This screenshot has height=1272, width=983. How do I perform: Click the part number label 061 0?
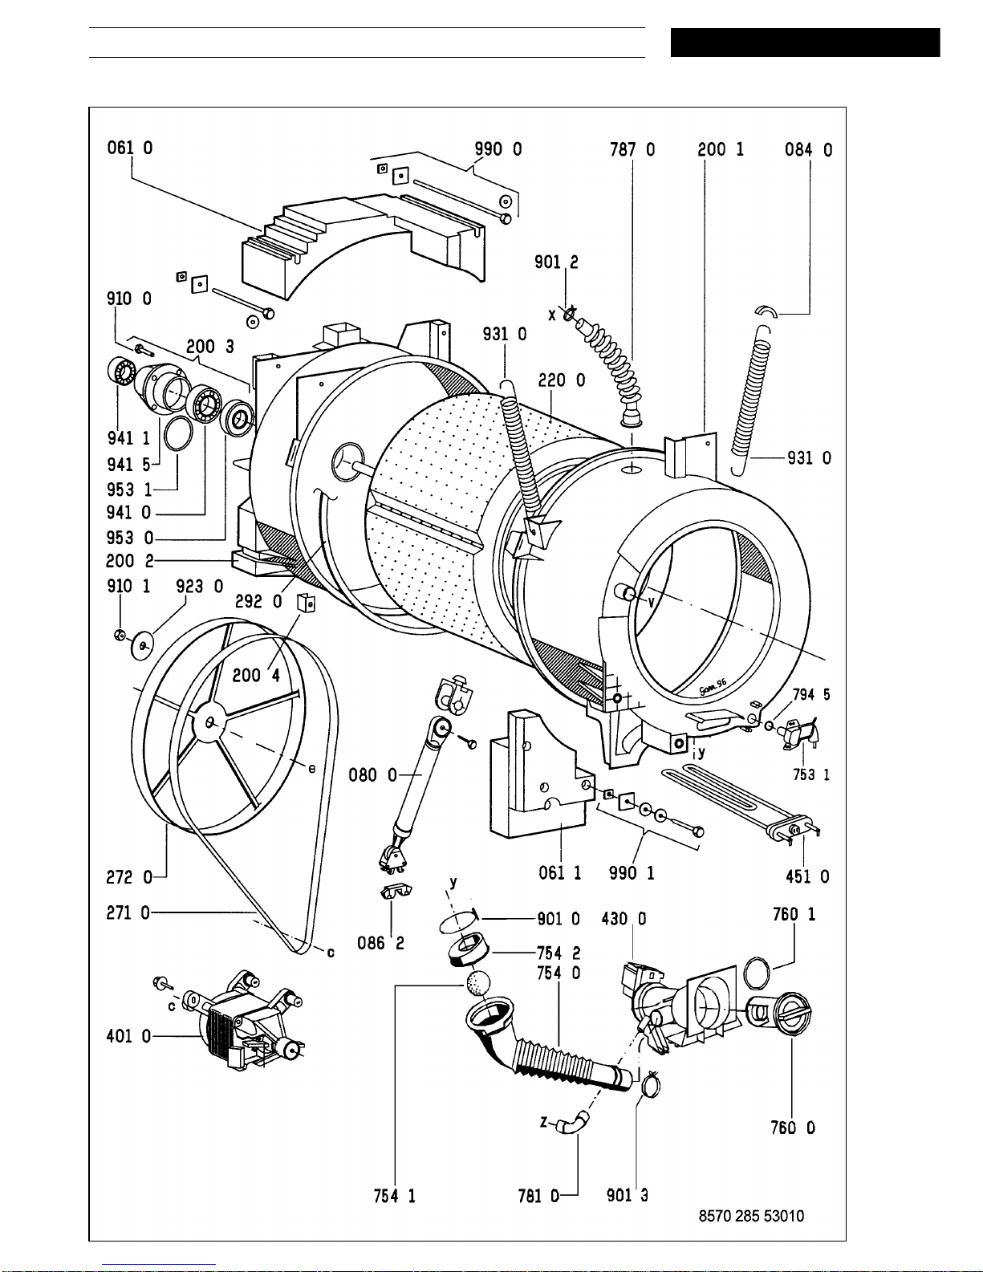130,148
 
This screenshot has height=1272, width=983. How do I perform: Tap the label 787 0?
632,149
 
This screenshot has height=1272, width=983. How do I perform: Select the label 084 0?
809,149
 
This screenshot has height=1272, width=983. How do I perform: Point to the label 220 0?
561,380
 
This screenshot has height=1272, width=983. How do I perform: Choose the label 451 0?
807,877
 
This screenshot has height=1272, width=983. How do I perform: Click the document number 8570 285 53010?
751,1216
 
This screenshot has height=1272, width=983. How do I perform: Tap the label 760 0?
793,1128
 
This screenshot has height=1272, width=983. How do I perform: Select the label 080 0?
372,775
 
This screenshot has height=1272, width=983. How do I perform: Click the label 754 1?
394,1196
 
